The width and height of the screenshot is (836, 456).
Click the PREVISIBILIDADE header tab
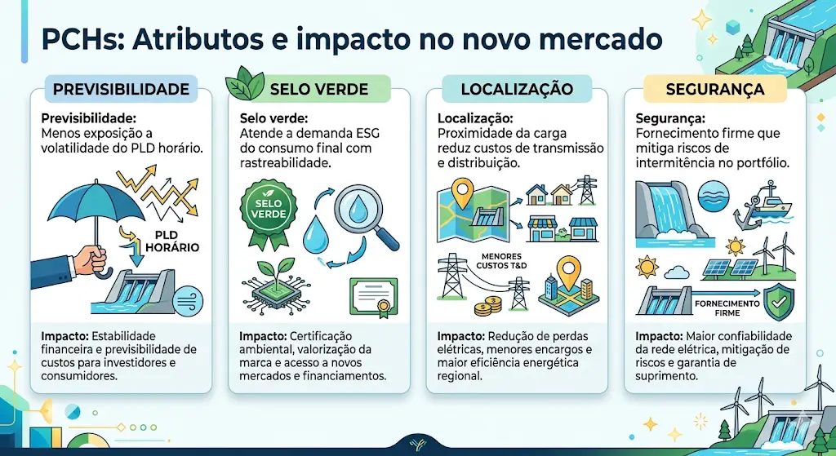pyautogui.click(x=121, y=88)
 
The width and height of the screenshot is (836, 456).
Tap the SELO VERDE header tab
pyautogui.click(x=319, y=88)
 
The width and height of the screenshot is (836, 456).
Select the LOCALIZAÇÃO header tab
pyautogui.click(x=517, y=88)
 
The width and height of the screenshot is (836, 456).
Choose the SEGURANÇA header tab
pyautogui.click(x=715, y=88)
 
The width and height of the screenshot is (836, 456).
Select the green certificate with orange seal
pyautogui.click(x=373, y=297)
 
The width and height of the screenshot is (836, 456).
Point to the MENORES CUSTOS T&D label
pyautogui.click(x=502, y=261)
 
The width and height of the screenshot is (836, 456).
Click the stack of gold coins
pyautogui.click(x=488, y=306)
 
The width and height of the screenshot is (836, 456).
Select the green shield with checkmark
pyautogui.click(x=779, y=302)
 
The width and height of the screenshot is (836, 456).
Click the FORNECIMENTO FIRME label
pyautogui.click(x=727, y=308)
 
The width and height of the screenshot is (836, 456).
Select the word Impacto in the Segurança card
pyautogui.click(x=659, y=336)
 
